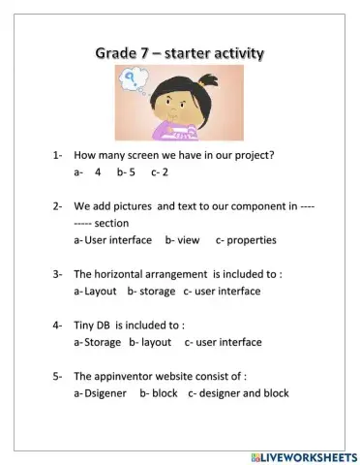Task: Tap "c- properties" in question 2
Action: pos(246,239)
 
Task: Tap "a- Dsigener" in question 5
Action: pos(100,393)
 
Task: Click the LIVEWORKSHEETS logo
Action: pos(303,455)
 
